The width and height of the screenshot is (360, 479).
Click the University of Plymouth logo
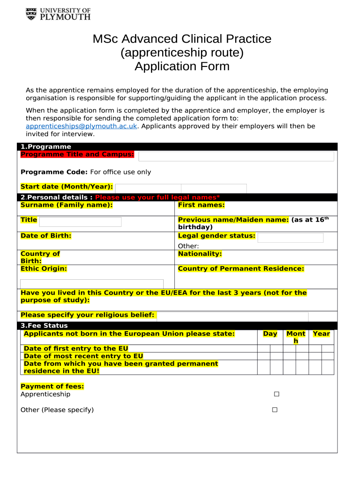[58, 14]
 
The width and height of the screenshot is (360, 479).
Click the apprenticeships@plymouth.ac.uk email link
[81, 126]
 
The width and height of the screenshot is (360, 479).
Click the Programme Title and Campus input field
[236, 156]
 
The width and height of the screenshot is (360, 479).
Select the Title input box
[80, 222]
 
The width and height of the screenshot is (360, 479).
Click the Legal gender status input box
[290, 238]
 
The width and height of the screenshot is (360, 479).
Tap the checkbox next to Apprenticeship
[276, 394]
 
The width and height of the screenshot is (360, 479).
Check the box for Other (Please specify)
[275, 410]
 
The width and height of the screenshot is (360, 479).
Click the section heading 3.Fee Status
[44, 326]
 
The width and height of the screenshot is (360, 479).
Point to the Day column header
[270, 334]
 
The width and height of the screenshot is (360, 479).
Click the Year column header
[321, 334]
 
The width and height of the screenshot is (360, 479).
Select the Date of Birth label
[46, 236]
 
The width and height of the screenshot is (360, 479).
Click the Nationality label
[200, 254]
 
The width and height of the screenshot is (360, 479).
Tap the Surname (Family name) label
[66, 205]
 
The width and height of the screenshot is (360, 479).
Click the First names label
[201, 205]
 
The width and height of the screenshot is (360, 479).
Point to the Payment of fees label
[52, 386]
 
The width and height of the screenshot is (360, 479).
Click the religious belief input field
[232, 317]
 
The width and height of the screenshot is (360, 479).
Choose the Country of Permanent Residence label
[241, 269]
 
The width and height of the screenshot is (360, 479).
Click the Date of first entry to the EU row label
[76, 348]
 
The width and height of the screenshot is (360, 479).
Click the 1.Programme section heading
[45, 147]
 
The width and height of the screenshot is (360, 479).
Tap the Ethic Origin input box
[92, 284]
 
